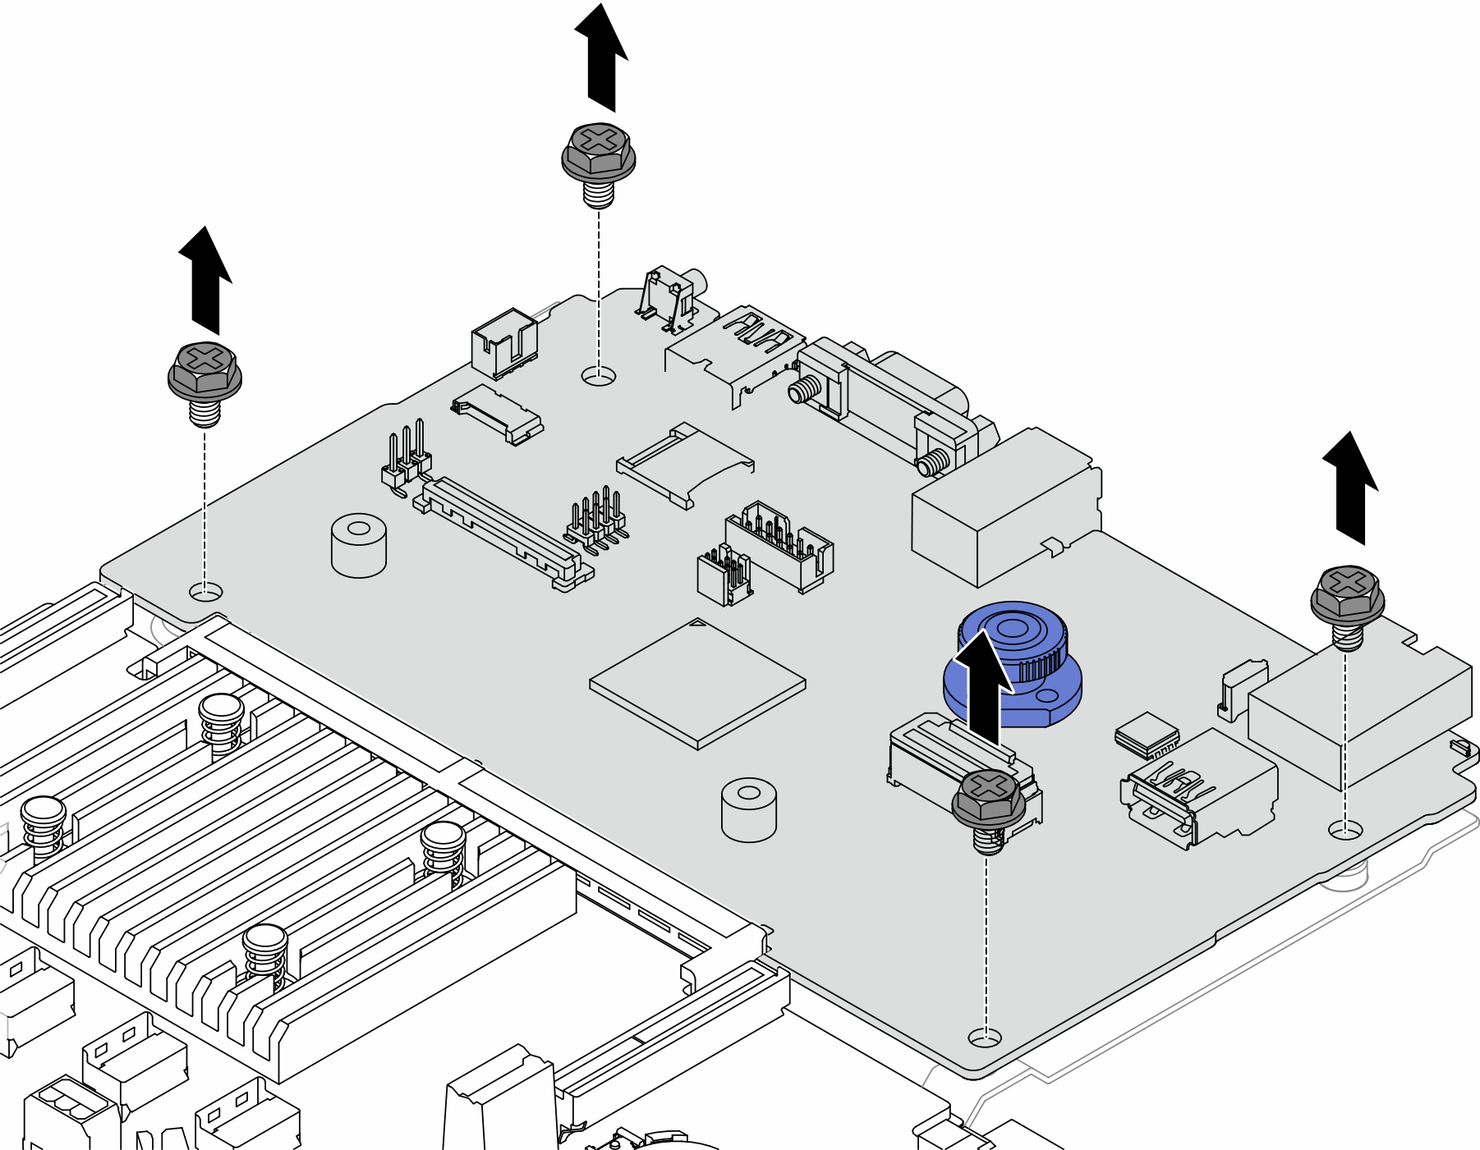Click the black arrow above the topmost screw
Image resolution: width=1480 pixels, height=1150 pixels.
tap(602, 57)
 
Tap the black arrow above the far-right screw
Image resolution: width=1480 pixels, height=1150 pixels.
tap(1350, 488)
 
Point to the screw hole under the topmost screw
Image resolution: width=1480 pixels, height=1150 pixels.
tap(599, 377)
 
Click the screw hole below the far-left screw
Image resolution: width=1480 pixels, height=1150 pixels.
tap(205, 591)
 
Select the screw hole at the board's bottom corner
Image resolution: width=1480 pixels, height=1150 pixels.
tap(985, 1038)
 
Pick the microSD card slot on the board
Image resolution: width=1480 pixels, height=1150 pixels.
tap(684, 464)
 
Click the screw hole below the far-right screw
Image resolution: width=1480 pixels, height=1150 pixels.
tap(1344, 829)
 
